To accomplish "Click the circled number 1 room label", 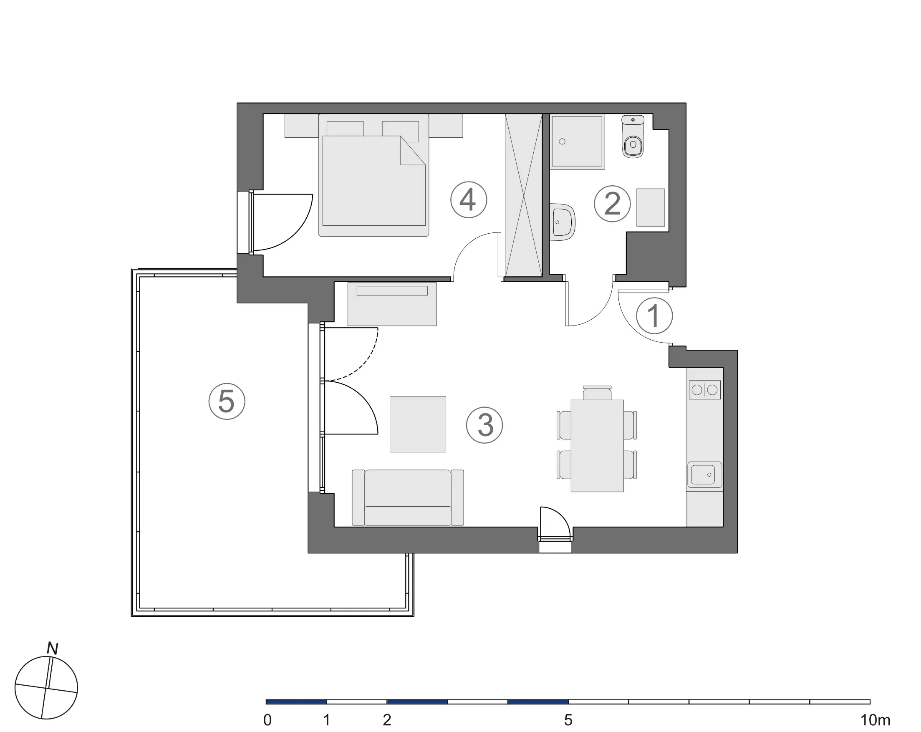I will [654, 316].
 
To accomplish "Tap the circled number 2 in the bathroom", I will [612, 204].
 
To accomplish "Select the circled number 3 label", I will [484, 425].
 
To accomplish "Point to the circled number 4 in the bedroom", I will [468, 199].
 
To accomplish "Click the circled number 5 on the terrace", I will [227, 401].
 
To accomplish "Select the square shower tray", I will [577, 141].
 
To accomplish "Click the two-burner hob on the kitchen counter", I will [704, 390].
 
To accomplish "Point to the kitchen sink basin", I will [704, 475].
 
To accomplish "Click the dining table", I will [597, 446].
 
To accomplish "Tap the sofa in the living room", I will [408, 497].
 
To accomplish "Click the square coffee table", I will [417, 424].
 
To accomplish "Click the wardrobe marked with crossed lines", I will [523, 195].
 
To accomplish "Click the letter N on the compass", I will [53, 649].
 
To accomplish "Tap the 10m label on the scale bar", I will [875, 720].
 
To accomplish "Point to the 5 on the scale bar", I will [568, 720].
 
